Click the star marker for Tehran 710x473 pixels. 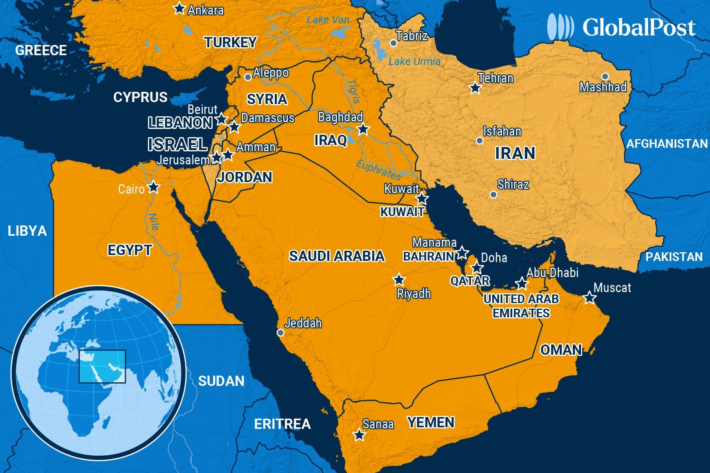point(475,88)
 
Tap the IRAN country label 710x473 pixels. point(515,153)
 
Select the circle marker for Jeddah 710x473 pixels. point(280,333)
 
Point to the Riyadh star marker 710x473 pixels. point(399,280)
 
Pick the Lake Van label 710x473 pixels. point(328,20)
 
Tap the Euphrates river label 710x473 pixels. point(378,170)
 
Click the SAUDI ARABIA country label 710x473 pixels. point(336,256)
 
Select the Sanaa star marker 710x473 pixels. point(359,435)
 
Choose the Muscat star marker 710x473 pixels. point(589,298)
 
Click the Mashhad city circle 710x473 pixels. point(605,76)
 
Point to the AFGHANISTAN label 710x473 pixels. point(667,143)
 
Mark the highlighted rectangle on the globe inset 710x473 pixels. point(102,366)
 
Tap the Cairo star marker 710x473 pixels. point(153,187)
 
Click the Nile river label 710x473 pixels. point(153,222)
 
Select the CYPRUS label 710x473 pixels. point(140,97)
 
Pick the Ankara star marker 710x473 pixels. point(180,8)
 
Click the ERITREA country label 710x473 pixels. point(282,424)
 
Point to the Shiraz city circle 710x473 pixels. point(493,194)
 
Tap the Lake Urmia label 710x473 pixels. point(414,61)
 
